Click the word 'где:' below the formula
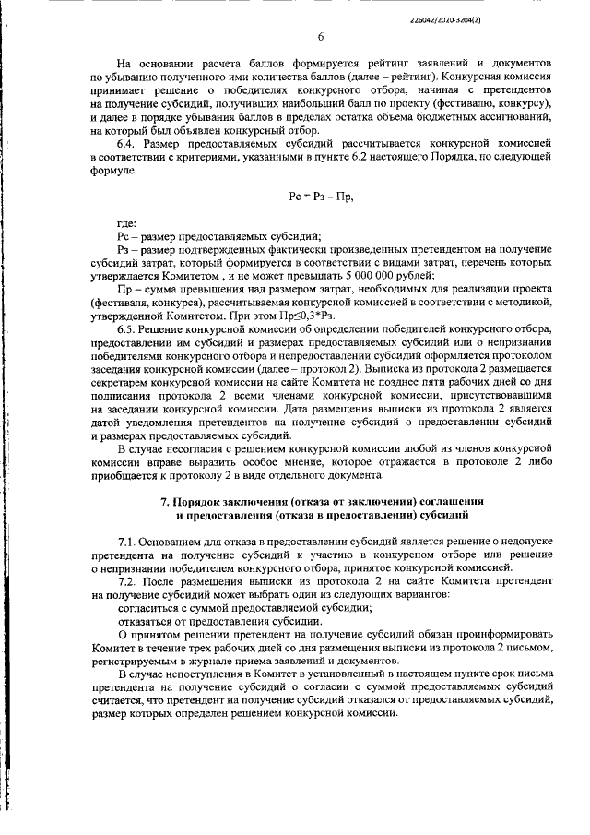point(126,224)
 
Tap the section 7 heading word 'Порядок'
point(200,499)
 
